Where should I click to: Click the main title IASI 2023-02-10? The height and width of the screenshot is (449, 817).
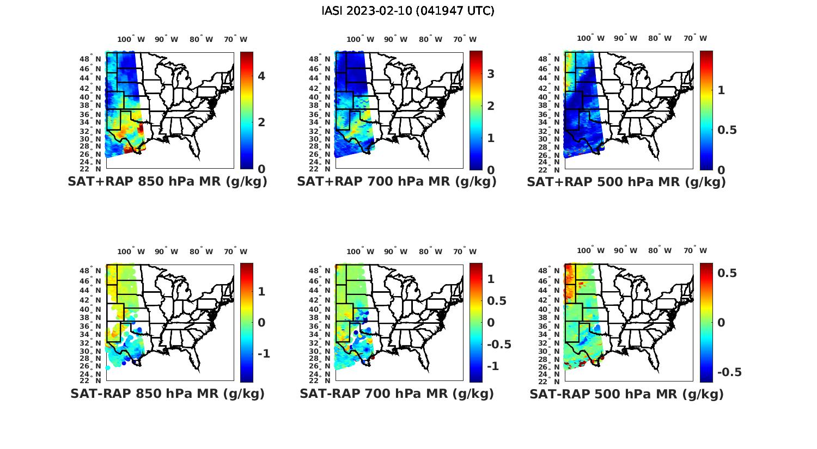pos(408,11)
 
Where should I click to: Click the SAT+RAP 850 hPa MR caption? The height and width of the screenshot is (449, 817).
pos(168,182)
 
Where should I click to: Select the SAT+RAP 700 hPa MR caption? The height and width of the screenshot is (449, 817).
pos(397,182)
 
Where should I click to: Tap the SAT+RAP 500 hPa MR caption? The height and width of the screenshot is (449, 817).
pos(626,182)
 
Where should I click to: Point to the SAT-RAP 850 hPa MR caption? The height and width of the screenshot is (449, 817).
pos(168,393)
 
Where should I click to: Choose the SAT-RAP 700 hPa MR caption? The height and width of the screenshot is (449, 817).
pos(397,393)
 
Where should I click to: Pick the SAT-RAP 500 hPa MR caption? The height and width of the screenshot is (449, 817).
pos(626,393)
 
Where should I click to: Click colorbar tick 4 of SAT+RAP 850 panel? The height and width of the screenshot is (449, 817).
pos(261,76)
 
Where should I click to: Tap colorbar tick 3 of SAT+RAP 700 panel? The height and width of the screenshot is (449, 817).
pos(491,74)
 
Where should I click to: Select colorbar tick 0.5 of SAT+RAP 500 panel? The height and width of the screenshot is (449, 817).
pos(727,130)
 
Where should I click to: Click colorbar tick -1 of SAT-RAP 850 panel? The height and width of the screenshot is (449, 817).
pos(263,354)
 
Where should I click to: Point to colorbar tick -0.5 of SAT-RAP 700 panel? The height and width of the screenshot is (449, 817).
pos(499,345)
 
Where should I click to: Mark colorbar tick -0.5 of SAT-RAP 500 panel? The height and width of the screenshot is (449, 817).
pos(729,372)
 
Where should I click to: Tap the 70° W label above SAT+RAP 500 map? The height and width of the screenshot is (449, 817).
pos(695,38)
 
